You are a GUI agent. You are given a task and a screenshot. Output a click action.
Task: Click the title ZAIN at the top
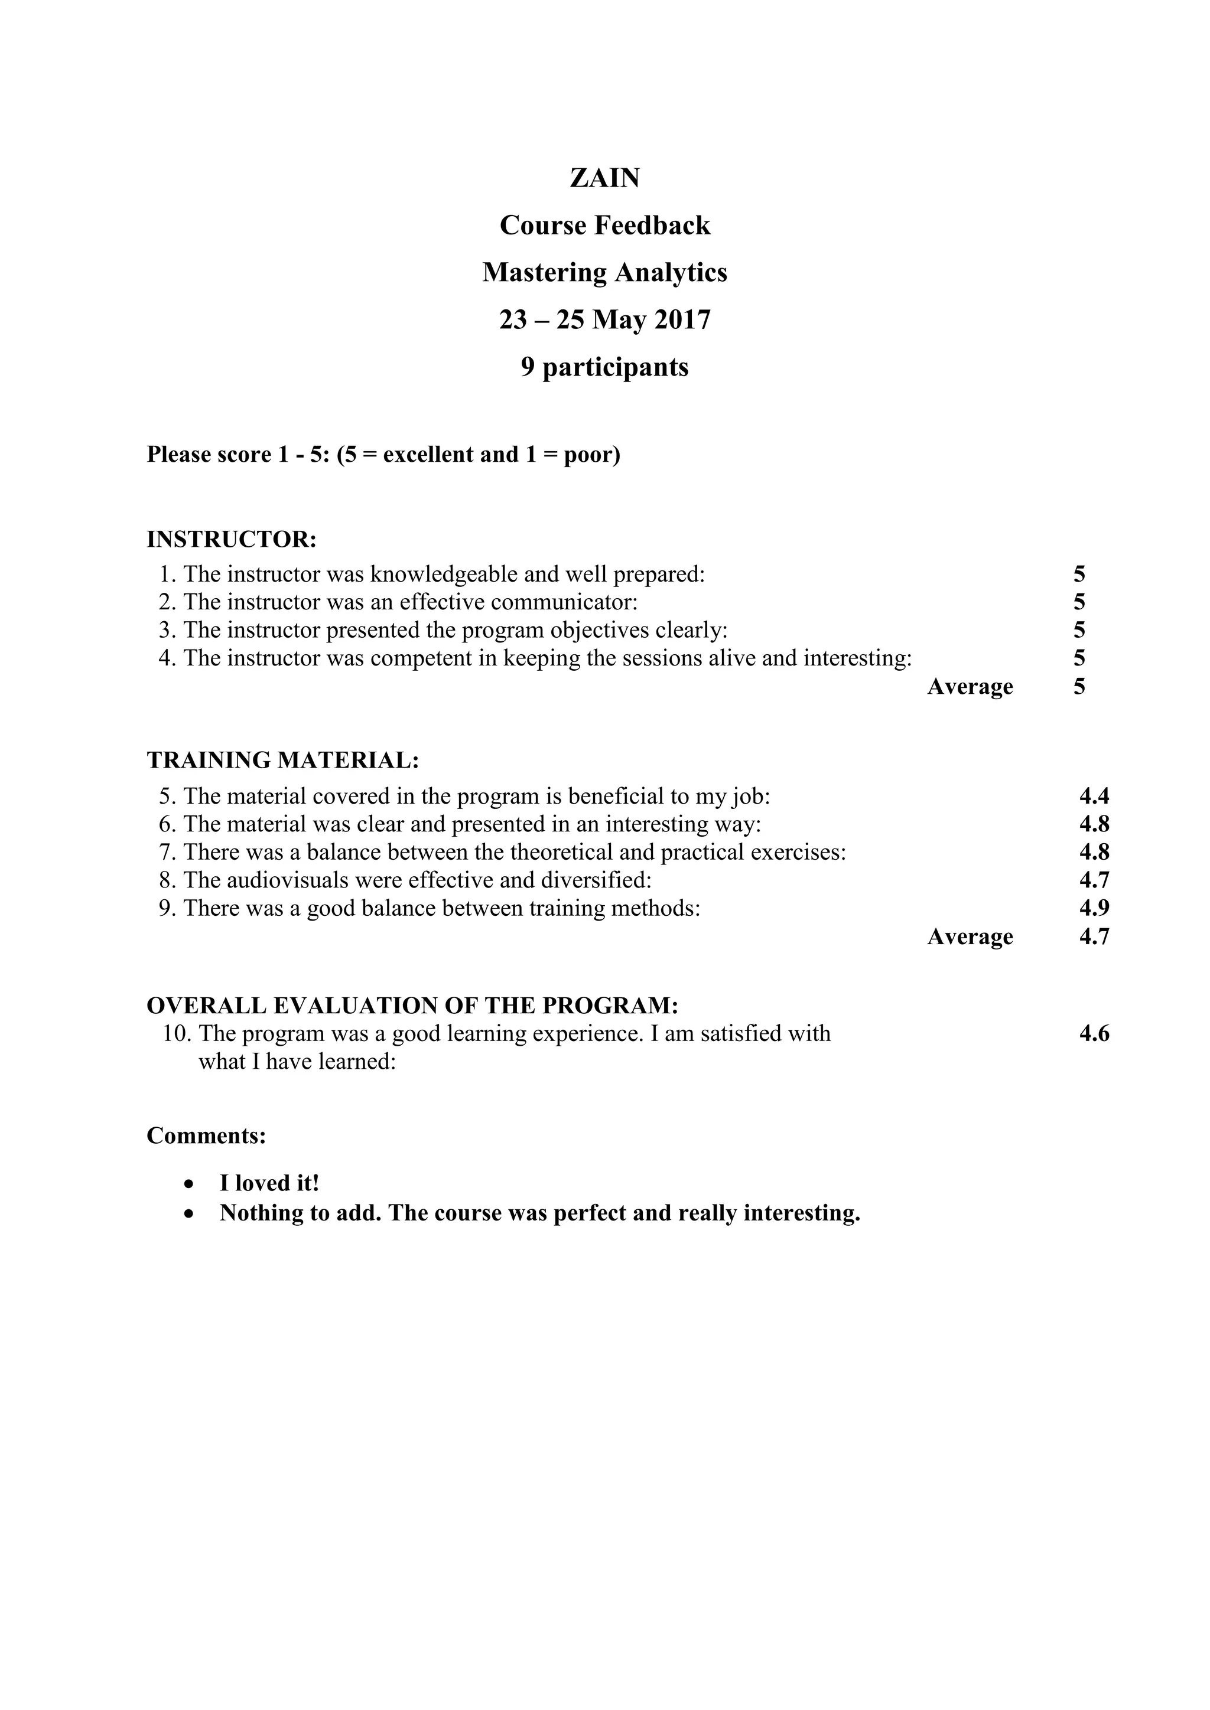coord(604,178)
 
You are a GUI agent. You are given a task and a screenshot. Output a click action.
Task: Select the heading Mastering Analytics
coord(604,273)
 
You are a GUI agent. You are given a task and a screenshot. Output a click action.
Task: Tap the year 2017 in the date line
coord(682,319)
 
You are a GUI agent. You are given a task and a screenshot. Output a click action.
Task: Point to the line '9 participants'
coord(604,367)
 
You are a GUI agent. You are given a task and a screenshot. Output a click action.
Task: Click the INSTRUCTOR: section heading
coord(232,539)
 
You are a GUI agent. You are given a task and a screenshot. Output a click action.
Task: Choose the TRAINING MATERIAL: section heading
coord(283,761)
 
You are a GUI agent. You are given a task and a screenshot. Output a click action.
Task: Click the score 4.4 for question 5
coord(1094,796)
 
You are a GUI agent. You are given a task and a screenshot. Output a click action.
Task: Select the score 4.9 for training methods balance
coord(1094,908)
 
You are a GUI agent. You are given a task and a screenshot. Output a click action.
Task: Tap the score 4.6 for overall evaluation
coord(1094,1034)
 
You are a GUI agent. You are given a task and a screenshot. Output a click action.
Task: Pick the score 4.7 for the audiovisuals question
coord(1094,880)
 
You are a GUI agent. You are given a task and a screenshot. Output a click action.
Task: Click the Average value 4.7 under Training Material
coord(1094,936)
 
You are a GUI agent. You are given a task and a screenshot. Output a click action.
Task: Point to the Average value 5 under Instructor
coord(1079,686)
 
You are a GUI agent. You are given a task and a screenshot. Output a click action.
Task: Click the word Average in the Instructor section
coord(970,686)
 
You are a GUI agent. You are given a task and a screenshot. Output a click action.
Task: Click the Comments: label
coord(206,1136)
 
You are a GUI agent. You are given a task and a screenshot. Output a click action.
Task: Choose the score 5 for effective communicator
coord(1079,602)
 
